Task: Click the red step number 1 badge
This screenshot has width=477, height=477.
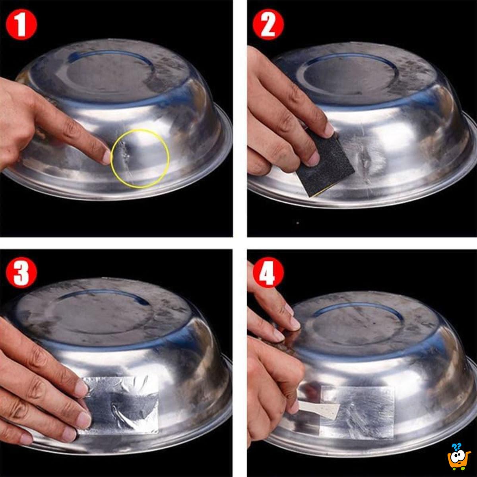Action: pyautogui.click(x=21, y=25)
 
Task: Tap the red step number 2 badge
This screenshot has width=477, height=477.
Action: pyautogui.click(x=268, y=25)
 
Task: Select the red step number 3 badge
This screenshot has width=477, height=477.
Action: pyautogui.click(x=21, y=274)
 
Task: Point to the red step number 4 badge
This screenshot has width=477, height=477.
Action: pyautogui.click(x=268, y=274)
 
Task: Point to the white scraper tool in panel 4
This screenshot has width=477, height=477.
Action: pyautogui.click(x=318, y=408)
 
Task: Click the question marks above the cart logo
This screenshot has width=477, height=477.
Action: pyautogui.click(x=457, y=446)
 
